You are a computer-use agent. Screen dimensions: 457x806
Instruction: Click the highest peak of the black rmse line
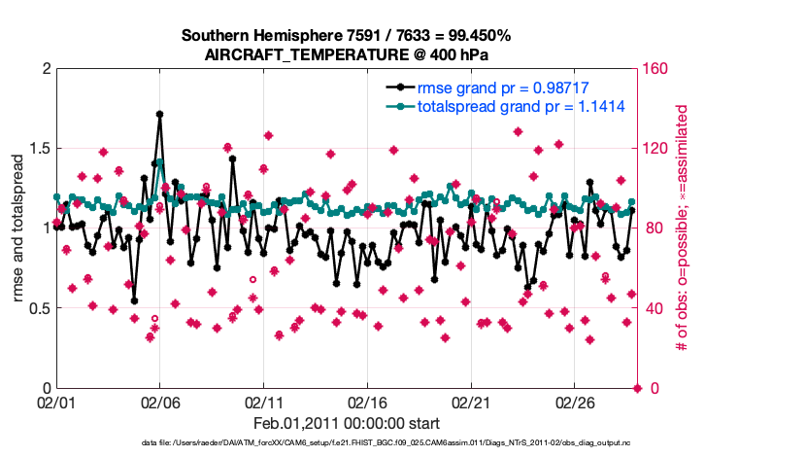tap(159, 114)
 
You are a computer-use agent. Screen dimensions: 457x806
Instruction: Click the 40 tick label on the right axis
tap(655, 308)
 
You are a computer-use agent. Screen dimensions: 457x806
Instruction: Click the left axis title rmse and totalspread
tap(18, 228)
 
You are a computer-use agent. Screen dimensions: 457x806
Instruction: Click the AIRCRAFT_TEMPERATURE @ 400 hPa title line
tap(346, 54)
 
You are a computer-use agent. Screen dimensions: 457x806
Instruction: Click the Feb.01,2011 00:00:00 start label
tap(346, 423)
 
